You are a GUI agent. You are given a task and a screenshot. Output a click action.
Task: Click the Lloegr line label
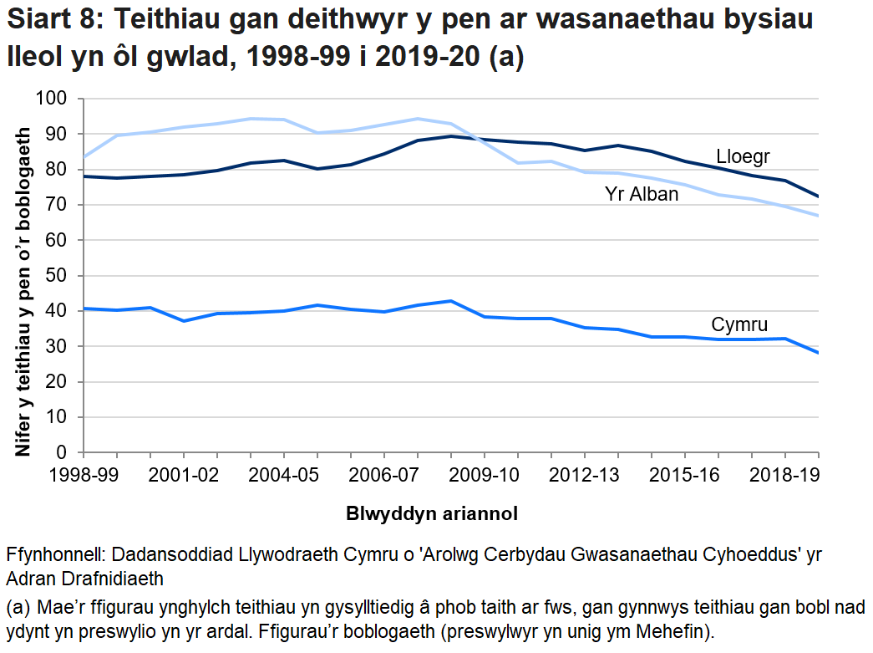[x=742, y=156]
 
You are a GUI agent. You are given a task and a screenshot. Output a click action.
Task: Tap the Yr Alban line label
[x=641, y=195]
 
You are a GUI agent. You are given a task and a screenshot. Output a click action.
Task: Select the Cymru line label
[x=738, y=324]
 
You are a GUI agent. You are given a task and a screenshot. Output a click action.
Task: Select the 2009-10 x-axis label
[x=484, y=474]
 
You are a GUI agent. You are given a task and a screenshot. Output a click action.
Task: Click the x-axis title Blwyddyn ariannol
[x=432, y=513]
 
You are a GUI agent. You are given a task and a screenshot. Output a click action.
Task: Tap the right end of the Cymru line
[x=817, y=353]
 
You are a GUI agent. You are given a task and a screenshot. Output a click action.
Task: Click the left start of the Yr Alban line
[x=83, y=156]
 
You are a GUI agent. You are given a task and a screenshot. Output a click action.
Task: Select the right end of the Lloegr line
[x=817, y=196]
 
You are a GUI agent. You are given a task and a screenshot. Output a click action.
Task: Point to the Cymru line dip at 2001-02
[x=184, y=321]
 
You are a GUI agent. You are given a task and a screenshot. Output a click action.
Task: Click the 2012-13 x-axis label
[x=584, y=474]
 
